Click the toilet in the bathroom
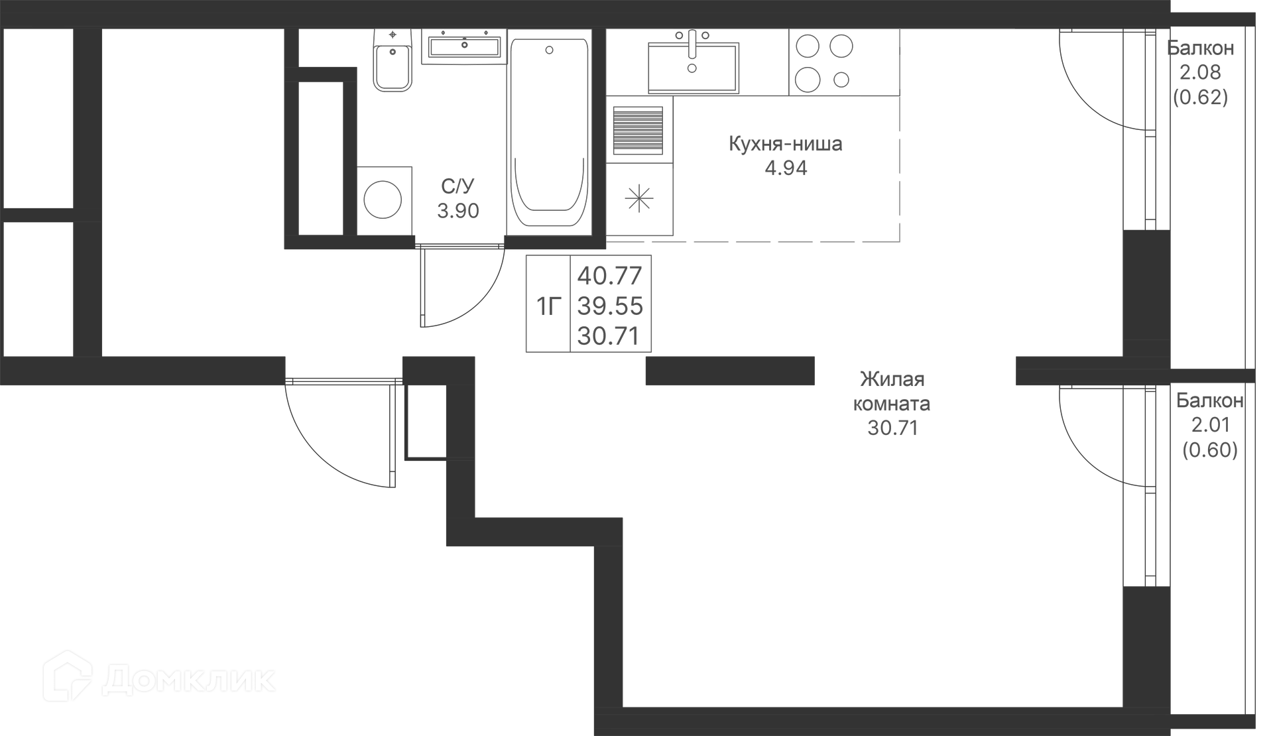click(x=393, y=60)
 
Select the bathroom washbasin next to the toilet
click(x=464, y=46)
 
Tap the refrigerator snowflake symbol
click(x=639, y=199)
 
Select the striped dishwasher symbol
click(x=638, y=130)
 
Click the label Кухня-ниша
click(x=786, y=144)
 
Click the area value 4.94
click(x=786, y=168)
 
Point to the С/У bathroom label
click(x=458, y=186)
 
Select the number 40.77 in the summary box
click(x=610, y=275)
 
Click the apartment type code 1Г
click(x=549, y=306)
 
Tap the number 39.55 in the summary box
click(x=610, y=306)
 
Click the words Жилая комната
click(x=892, y=391)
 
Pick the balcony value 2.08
click(x=1200, y=72)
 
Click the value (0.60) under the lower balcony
click(x=1210, y=451)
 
